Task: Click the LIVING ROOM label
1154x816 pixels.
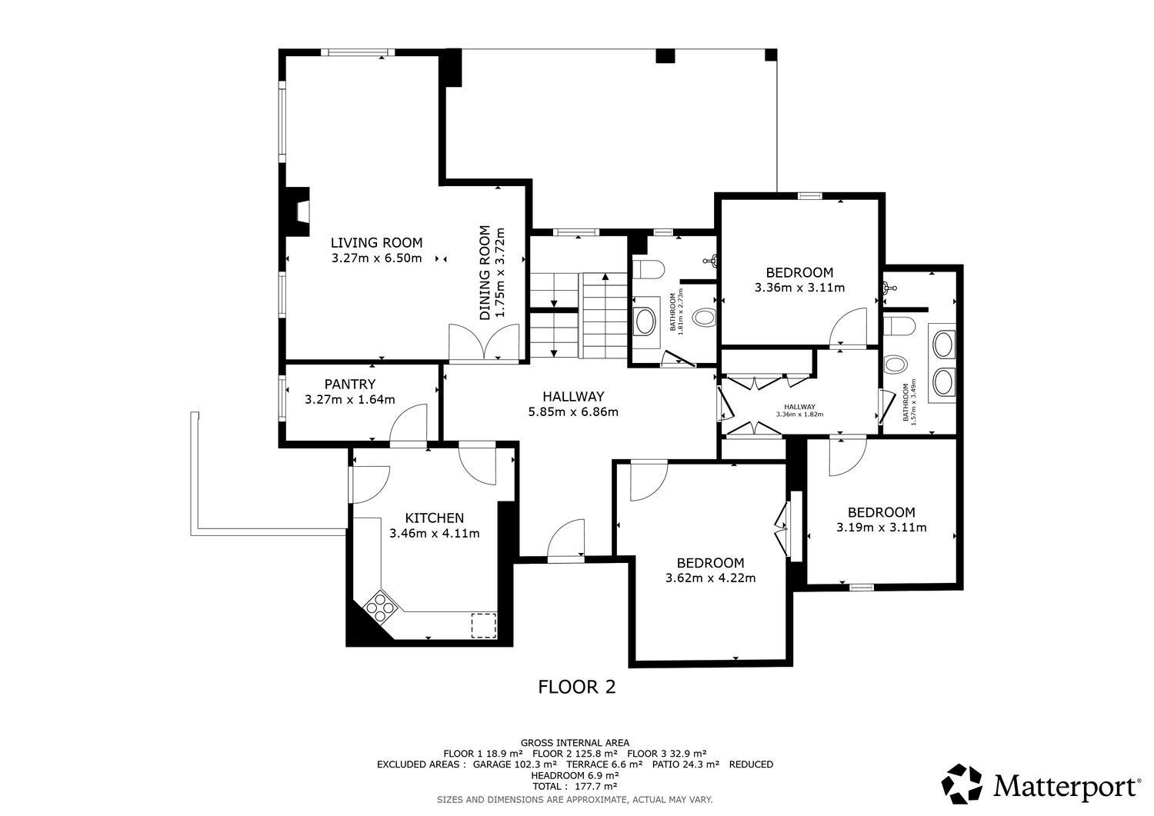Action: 376,242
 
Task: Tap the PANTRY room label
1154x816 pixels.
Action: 349,384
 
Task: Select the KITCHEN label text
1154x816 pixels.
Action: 434,518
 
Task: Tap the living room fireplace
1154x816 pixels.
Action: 297,211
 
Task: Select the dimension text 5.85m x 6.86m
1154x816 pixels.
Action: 572,411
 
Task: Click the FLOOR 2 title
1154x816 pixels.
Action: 576,686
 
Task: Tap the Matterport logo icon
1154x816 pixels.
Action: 962,784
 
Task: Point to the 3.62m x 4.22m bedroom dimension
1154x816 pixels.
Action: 710,578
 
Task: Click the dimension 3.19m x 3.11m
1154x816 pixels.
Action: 881,527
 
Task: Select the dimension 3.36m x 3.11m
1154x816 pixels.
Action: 799,288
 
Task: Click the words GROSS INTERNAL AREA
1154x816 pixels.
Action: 575,742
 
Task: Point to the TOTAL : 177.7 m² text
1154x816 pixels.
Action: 575,786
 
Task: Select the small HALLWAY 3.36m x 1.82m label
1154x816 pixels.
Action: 799,410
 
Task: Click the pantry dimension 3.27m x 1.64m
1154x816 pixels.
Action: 349,399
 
